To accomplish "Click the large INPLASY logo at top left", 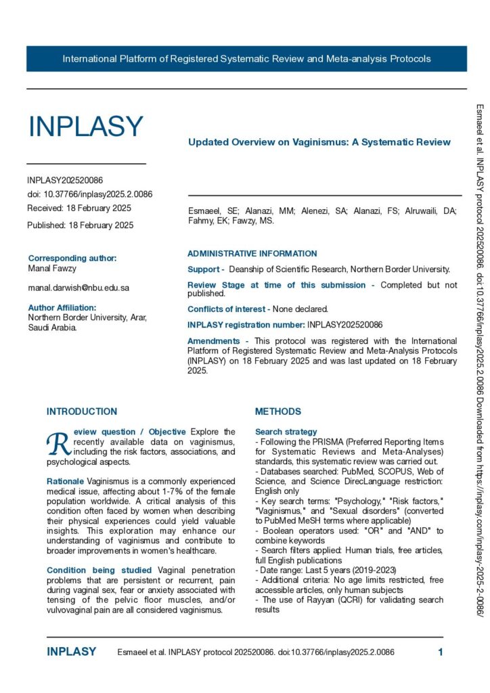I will tap(85, 127).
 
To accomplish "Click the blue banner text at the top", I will tap(246, 59).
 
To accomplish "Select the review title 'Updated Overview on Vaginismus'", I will tap(319, 142).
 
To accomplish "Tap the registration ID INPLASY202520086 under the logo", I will tap(65, 181).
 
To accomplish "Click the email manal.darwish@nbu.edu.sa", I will tap(79, 288).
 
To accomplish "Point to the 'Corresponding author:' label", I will tap(72, 258).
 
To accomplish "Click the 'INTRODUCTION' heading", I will tap(81, 411).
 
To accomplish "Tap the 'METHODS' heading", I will tap(278, 411).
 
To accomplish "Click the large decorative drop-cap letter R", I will tap(58, 443).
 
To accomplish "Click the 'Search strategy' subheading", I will tap(286, 432).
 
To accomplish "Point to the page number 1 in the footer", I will tap(441, 652).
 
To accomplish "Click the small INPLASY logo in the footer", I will tap(71, 652).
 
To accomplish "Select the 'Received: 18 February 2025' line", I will tap(79, 208).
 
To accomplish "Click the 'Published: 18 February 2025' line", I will tap(80, 225).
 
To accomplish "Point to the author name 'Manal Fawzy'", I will tap(51, 269).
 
